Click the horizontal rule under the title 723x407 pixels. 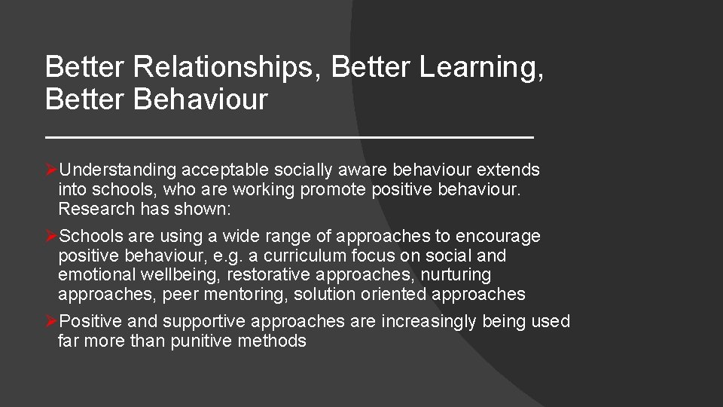[289, 137]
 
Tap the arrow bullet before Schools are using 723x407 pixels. [51, 236]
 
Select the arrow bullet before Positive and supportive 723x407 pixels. [51, 322]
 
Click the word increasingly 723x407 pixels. [429, 322]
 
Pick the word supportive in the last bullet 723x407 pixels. [204, 322]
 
